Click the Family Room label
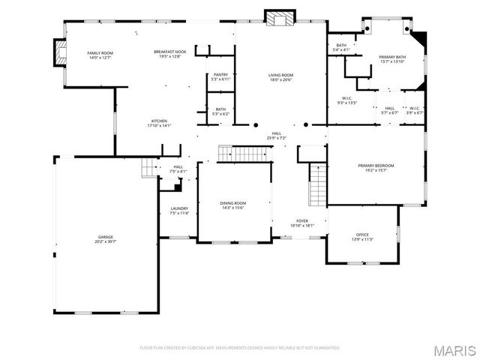(100, 55)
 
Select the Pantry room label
(220, 76)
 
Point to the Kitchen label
(159, 124)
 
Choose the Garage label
(105, 239)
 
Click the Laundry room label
(179, 211)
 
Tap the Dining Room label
(233, 205)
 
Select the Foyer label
(302, 223)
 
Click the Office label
(362, 237)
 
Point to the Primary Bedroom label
(376, 168)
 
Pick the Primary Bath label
(392, 59)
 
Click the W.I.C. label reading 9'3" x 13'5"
(347, 100)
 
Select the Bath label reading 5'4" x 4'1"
(341, 47)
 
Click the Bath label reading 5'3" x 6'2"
(220, 111)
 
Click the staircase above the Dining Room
(242, 154)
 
